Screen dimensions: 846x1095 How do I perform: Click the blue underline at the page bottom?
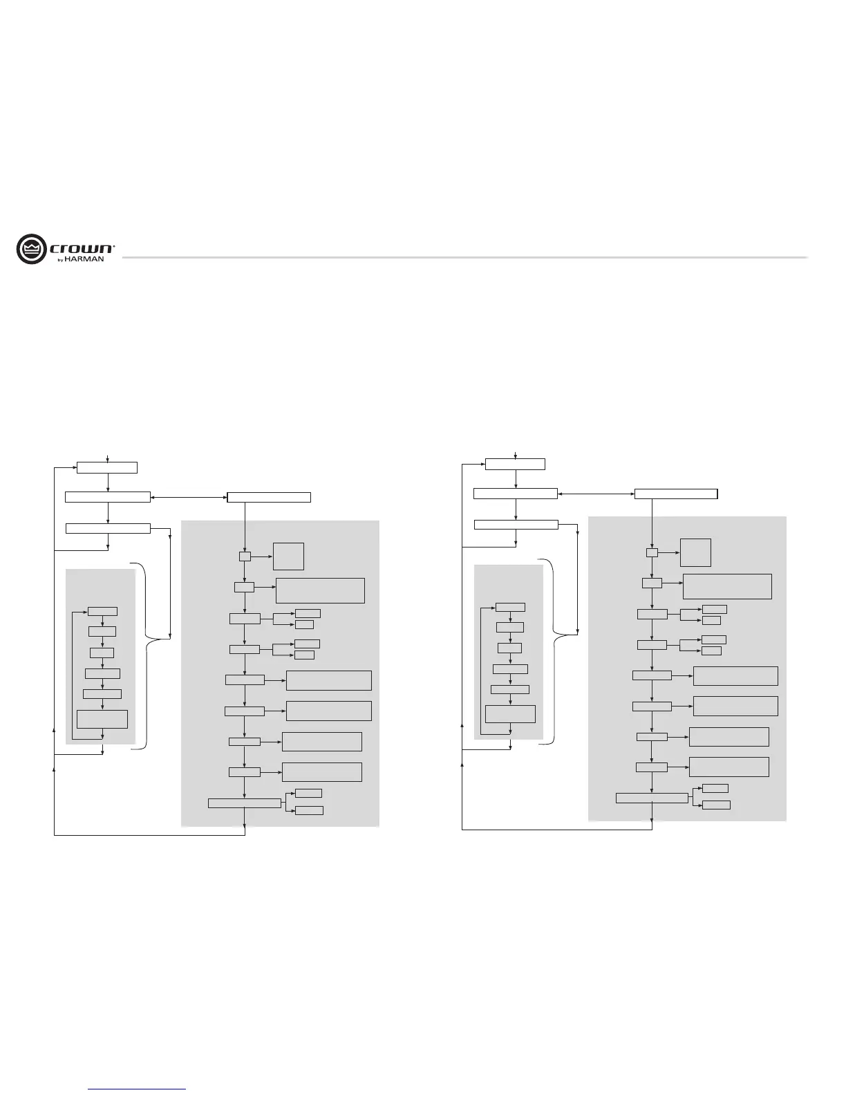tap(138, 1089)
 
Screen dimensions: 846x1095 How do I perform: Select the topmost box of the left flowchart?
tap(107, 467)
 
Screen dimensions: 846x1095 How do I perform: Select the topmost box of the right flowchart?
tap(515, 464)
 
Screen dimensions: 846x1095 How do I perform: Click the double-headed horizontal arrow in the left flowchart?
tap(189, 497)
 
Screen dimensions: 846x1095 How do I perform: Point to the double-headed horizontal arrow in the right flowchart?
tap(596, 494)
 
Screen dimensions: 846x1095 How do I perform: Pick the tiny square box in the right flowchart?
tap(652, 552)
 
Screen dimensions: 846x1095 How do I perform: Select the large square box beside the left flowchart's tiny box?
tap(288, 556)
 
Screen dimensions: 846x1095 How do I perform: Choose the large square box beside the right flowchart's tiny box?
tap(695, 552)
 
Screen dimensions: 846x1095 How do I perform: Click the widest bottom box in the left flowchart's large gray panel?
tap(245, 803)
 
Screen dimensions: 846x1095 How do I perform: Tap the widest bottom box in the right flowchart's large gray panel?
tap(652, 798)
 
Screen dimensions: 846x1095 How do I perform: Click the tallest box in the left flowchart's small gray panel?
tap(102, 719)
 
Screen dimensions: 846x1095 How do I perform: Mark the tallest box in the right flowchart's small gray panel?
tap(510, 714)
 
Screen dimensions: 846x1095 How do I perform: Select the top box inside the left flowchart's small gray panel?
tap(102, 611)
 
